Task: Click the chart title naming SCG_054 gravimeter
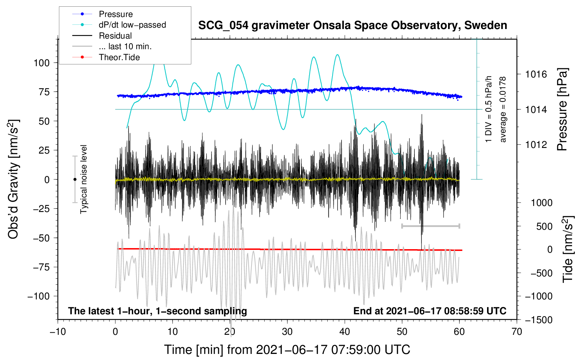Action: tap(352, 25)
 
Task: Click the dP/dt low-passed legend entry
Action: tap(132, 25)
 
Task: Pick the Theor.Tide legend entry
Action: tap(119, 57)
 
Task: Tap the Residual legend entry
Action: tap(115, 36)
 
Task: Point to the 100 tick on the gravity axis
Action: tap(41, 63)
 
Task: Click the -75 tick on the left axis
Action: tap(41, 267)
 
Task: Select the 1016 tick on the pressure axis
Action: tap(536, 74)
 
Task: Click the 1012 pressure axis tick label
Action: tap(536, 144)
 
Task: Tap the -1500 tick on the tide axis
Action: tap(539, 320)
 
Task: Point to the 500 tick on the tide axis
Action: tap(544, 226)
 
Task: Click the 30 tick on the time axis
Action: tap(287, 332)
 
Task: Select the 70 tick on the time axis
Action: tap(517, 332)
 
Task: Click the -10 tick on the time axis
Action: tap(58, 332)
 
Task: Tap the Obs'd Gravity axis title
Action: tap(13, 179)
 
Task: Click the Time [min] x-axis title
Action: tap(287, 350)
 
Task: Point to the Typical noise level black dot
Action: tap(75, 179)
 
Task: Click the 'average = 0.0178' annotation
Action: tap(503, 109)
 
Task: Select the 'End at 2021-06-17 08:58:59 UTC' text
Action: tap(430, 311)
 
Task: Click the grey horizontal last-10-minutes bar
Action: tap(430, 226)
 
